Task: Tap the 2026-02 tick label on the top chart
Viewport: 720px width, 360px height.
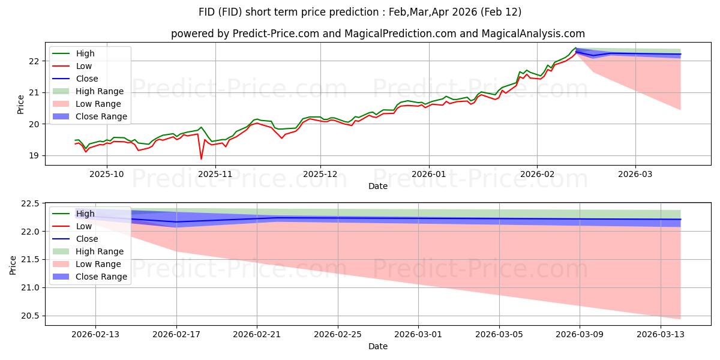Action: click(x=537, y=173)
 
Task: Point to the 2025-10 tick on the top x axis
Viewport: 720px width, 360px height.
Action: click(x=107, y=173)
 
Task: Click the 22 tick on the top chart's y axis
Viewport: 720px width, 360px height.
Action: click(x=35, y=61)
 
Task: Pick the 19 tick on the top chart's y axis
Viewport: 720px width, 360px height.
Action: click(x=35, y=155)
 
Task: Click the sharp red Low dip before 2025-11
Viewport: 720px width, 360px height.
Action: click(x=201, y=158)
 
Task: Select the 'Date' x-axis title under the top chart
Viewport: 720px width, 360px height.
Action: click(x=377, y=186)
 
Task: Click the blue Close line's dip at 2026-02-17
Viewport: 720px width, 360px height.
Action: click(x=176, y=222)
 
